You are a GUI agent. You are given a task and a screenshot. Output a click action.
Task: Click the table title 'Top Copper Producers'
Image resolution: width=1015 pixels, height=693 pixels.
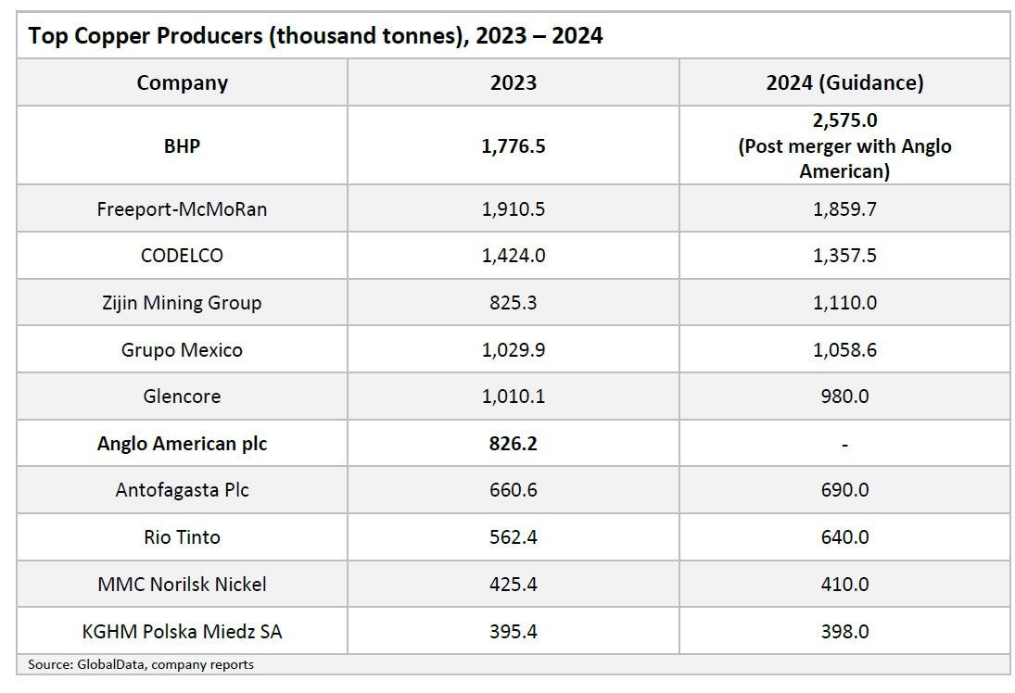click(x=315, y=36)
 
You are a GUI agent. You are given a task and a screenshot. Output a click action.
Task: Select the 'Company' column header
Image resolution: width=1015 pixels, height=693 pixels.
click(x=182, y=82)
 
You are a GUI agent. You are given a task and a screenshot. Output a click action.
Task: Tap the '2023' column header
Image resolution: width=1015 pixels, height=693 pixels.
click(x=514, y=82)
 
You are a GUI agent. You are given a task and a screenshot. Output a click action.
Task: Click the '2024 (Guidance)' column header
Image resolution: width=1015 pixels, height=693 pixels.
click(x=844, y=82)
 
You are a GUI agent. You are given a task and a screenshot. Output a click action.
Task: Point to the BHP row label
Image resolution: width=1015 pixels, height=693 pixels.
click(x=182, y=145)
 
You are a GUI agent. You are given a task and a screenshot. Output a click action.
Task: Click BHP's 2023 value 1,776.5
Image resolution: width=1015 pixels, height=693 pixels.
click(x=514, y=145)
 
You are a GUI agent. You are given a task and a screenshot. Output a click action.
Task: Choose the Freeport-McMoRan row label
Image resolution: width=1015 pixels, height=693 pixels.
click(x=182, y=208)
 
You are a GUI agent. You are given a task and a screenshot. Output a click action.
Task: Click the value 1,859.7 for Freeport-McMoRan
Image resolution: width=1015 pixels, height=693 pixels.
click(x=844, y=208)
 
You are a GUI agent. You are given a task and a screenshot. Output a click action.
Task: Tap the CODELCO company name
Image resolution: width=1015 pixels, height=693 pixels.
click(x=182, y=256)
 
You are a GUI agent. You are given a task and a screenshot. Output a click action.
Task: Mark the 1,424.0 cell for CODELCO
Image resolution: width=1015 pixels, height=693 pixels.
click(x=514, y=256)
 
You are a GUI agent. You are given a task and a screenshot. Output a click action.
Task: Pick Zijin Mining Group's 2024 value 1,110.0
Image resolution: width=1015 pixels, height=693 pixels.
click(x=844, y=303)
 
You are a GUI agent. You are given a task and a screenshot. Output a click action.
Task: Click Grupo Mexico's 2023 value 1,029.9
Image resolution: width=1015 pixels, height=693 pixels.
click(x=514, y=350)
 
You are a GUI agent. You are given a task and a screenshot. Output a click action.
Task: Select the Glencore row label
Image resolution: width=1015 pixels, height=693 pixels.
click(x=182, y=397)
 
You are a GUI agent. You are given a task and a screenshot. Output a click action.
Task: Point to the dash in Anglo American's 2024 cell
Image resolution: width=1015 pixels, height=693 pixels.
click(x=844, y=444)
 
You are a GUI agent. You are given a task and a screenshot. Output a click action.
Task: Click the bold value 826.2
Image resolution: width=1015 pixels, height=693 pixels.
click(x=514, y=444)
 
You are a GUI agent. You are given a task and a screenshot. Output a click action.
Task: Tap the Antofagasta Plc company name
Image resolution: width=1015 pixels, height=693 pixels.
click(x=182, y=490)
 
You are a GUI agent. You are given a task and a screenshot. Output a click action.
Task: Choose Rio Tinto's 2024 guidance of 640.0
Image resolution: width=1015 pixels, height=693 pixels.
click(x=844, y=537)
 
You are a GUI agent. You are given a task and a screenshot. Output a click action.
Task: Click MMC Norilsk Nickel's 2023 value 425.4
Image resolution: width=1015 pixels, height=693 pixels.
click(x=514, y=585)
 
